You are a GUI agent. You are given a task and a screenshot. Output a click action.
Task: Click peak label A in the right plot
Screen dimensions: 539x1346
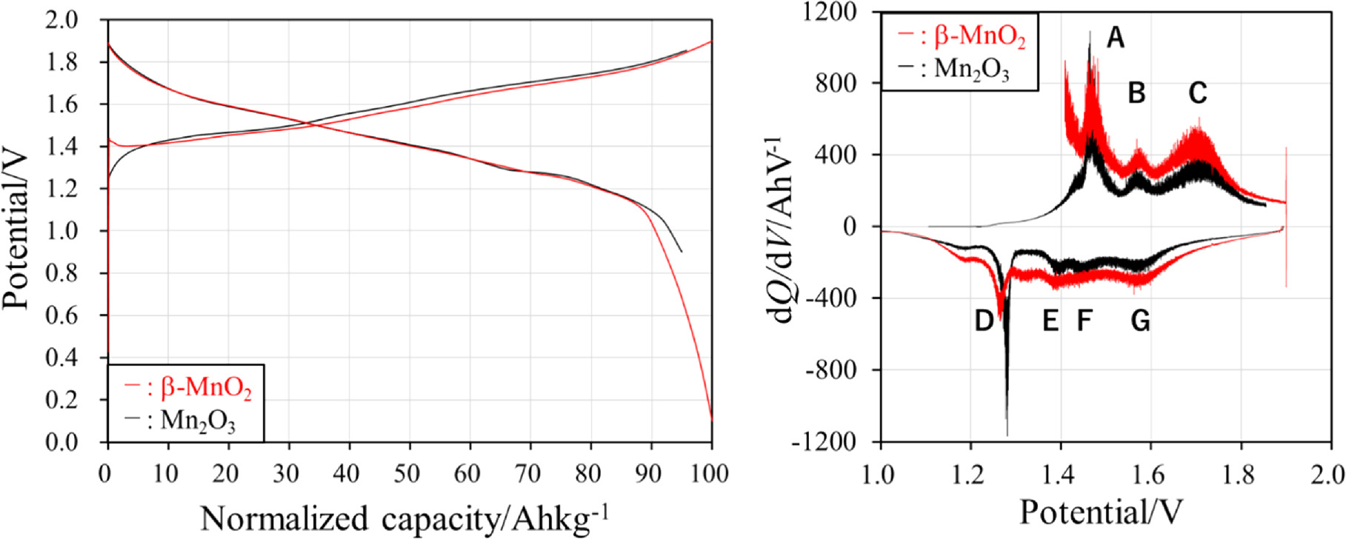click(1115, 37)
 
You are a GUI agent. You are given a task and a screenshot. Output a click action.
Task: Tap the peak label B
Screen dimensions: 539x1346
click(1136, 93)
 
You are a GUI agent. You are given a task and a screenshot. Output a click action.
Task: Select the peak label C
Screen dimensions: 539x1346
click(1198, 93)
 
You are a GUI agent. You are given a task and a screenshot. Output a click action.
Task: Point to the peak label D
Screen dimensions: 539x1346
click(983, 321)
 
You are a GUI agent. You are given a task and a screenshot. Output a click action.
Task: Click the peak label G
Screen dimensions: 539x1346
click(1141, 321)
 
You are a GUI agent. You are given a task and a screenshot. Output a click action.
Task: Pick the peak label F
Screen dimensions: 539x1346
click(1085, 321)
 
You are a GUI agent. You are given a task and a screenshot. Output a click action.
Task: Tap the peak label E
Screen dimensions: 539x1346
click(1050, 321)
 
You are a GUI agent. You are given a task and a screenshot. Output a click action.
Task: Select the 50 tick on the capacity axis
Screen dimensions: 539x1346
click(407, 474)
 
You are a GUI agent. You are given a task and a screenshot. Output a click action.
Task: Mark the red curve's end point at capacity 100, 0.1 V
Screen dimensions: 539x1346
click(711, 420)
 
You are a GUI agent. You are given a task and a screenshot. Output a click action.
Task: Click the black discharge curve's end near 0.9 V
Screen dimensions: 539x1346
click(681, 252)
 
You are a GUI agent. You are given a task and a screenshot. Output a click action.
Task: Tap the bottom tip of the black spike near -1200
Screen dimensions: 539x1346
click(1007, 435)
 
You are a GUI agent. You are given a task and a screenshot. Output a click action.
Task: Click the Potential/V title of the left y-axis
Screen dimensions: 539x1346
click(16, 230)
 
